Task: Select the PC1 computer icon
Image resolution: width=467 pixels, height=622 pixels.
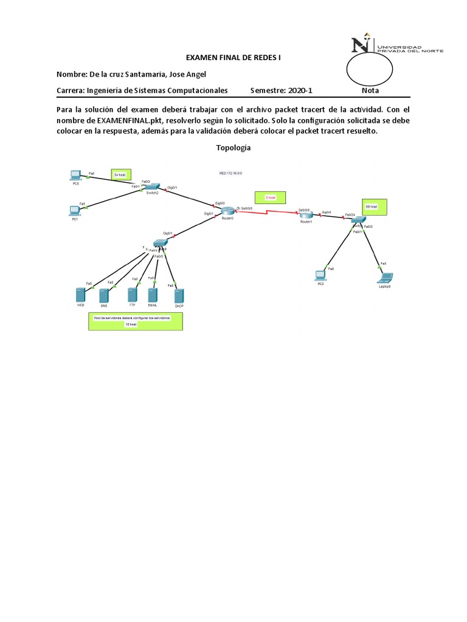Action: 75,210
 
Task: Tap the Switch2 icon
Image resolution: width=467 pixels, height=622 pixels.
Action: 153,187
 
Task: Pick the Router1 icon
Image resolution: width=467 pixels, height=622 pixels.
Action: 305,214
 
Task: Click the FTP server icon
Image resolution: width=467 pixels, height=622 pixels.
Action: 132,295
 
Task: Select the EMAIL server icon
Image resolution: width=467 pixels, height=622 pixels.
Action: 152,295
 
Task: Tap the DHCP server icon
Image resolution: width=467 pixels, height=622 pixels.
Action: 179,296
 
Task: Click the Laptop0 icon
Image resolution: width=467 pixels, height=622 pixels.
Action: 384,278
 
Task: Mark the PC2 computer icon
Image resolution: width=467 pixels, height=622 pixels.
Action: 320,275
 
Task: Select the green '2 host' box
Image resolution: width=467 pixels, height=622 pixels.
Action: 270,197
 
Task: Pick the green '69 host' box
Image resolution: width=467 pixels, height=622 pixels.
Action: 372,207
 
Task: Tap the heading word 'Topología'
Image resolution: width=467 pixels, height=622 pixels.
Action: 233,148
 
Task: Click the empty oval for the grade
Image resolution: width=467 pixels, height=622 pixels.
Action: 369,68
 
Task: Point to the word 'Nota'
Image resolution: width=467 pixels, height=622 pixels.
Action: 370,91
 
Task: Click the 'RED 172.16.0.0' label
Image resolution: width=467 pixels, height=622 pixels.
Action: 231,173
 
